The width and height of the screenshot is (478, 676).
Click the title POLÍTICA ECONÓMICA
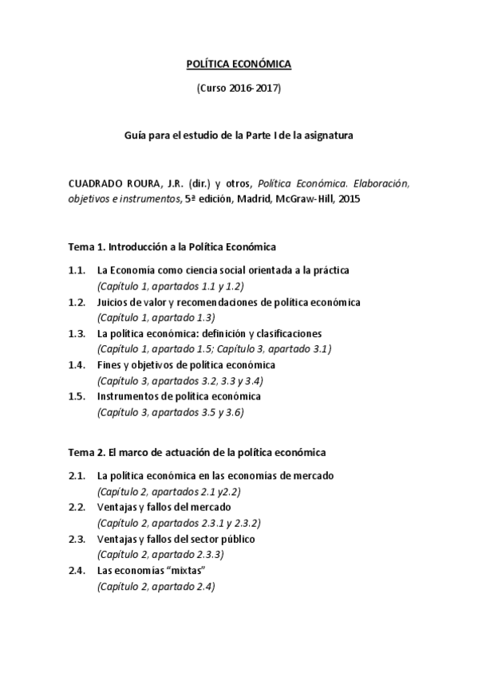[239, 63]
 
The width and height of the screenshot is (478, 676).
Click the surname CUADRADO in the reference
[94, 183]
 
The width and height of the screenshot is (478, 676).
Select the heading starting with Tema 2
[196, 452]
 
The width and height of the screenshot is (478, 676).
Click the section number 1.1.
[77, 270]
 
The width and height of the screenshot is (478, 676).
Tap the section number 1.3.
[77, 333]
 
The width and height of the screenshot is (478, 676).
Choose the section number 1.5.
[77, 396]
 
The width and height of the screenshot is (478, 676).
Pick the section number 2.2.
[77, 507]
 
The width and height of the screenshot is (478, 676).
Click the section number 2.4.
[77, 571]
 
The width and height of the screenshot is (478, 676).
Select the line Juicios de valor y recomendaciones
[228, 302]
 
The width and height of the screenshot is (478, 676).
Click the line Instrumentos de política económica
[179, 396]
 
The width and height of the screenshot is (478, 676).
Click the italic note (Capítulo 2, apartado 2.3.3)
[160, 554]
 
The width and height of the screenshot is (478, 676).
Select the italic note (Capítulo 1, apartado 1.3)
[148, 317]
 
